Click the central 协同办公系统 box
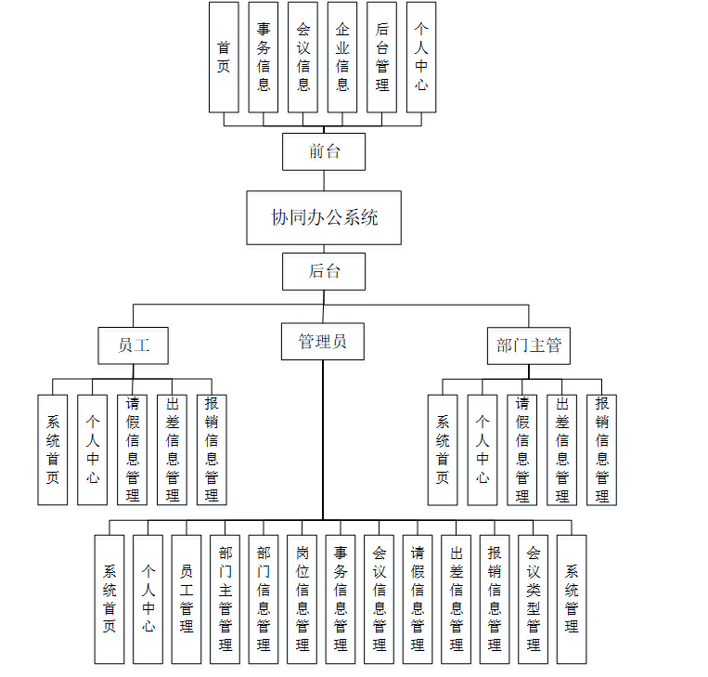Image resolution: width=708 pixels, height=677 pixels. click(x=324, y=218)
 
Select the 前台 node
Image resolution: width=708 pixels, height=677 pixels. click(x=324, y=151)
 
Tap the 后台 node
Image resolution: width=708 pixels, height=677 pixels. click(x=324, y=271)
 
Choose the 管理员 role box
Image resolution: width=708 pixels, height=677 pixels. click(x=323, y=342)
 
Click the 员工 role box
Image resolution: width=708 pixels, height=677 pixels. click(x=133, y=345)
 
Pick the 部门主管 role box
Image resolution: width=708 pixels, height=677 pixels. click(x=529, y=345)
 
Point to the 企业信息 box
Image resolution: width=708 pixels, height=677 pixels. click(x=342, y=57)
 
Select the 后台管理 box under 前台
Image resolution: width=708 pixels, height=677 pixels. click(x=381, y=57)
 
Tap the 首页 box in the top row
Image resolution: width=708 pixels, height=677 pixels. click(x=224, y=57)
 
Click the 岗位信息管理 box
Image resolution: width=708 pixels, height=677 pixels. click(x=302, y=599)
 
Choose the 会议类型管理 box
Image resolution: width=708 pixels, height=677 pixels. click(x=533, y=599)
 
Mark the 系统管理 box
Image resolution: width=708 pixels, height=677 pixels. click(x=572, y=599)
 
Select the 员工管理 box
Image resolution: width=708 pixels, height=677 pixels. click(x=187, y=599)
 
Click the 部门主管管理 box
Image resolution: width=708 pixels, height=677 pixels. click(x=225, y=599)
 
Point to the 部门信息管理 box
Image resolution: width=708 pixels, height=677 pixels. click(x=263, y=599)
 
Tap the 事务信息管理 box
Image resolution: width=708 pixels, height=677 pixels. click(x=340, y=599)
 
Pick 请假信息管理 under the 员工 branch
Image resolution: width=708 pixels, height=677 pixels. click(x=132, y=449)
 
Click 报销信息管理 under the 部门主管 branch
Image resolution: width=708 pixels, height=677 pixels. click(x=601, y=449)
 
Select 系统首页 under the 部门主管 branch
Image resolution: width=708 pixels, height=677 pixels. click(x=443, y=449)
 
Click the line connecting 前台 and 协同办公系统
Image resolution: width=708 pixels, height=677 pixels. click(x=324, y=181)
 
